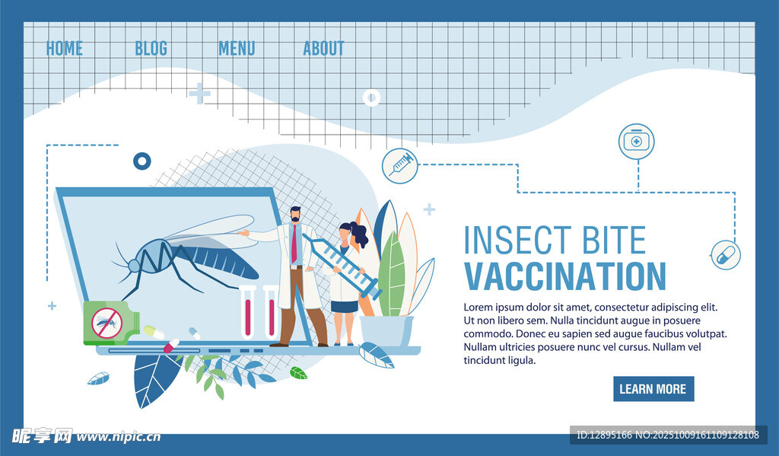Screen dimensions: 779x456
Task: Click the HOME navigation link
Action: coord(64,49)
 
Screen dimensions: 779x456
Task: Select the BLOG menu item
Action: coord(151,49)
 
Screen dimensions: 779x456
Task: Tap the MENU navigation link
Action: coord(237,49)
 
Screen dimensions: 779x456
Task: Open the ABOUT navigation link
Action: coord(323,49)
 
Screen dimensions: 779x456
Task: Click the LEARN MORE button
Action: coord(653,389)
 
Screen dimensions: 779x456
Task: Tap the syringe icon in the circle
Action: coord(400,166)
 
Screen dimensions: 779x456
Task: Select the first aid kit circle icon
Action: coord(637,142)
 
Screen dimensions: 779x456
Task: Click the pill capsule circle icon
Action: coord(726,256)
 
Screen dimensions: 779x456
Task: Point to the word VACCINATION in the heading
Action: coord(565,276)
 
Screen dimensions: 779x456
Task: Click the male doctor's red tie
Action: coord(294,243)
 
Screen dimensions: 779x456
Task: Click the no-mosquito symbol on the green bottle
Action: coord(107,324)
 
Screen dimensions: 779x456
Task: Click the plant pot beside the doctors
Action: coord(386,330)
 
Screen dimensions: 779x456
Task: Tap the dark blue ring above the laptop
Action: coord(142,161)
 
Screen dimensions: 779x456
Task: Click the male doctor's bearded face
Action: coord(296,215)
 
